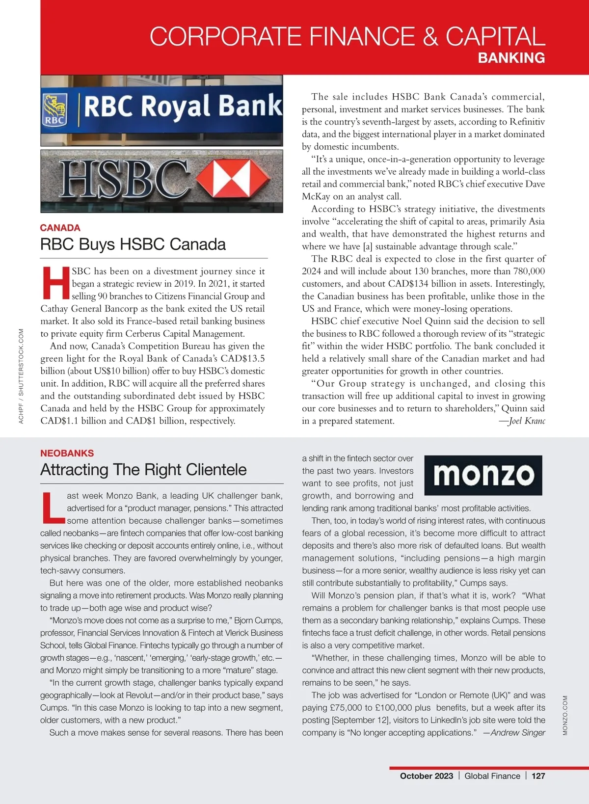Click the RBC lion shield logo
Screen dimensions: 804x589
(x=55, y=110)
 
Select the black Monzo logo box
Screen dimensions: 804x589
(x=483, y=475)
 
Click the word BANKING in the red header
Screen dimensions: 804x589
(x=511, y=58)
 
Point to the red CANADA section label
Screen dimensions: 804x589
(x=60, y=228)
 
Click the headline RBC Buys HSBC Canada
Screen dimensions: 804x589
(x=133, y=244)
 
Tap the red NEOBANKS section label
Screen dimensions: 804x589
(x=67, y=453)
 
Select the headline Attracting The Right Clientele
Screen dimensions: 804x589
(x=143, y=470)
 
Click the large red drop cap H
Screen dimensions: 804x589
(x=55, y=283)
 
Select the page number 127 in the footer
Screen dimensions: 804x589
(x=538, y=776)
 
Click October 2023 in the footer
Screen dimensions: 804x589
(x=427, y=776)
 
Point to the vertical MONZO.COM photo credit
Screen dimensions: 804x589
(x=565, y=715)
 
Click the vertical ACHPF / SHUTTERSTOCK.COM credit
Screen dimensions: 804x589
(x=21, y=376)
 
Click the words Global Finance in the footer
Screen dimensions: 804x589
(x=492, y=776)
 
